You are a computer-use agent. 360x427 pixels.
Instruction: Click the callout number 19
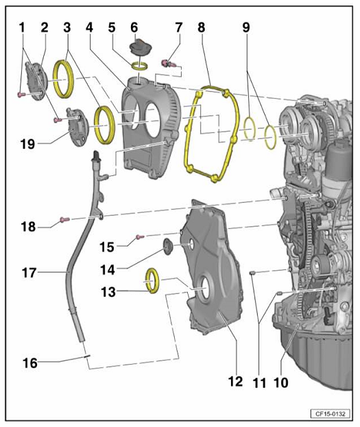(x=28, y=143)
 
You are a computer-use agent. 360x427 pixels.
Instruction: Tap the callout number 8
(x=202, y=27)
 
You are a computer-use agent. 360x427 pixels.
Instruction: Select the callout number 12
(x=236, y=381)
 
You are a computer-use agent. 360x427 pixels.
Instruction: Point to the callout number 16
(x=30, y=363)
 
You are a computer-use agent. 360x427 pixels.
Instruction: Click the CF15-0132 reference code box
(x=330, y=414)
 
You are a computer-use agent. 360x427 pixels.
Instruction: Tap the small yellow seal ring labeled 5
(x=140, y=66)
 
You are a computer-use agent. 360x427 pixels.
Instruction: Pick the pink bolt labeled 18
(x=64, y=219)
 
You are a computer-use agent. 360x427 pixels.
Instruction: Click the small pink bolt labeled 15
(x=140, y=237)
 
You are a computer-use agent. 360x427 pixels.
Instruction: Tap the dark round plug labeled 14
(x=168, y=247)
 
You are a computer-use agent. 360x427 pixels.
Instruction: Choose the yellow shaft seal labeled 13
(x=152, y=281)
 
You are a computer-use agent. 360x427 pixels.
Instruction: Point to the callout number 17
(x=29, y=273)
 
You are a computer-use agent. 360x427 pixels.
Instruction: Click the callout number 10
(x=281, y=382)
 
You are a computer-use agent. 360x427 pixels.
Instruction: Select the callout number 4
(x=89, y=27)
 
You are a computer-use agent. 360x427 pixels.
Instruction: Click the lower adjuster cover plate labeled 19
(x=77, y=127)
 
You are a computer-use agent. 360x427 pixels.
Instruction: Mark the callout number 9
(x=246, y=27)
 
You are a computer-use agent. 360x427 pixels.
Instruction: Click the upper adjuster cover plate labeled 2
(x=36, y=81)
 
